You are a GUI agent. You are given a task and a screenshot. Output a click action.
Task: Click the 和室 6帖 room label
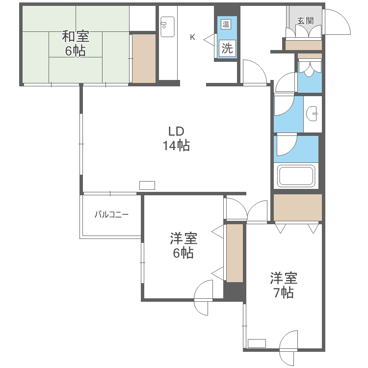pyautogui.click(x=75, y=43)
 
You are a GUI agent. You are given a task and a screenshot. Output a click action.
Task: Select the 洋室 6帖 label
pyautogui.click(x=184, y=246)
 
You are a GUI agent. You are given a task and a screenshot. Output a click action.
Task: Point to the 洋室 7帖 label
pyautogui.click(x=284, y=285)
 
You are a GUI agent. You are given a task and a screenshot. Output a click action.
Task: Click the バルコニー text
pyautogui.click(x=111, y=214)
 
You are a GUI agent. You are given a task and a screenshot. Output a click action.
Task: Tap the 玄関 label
pyautogui.click(x=305, y=21)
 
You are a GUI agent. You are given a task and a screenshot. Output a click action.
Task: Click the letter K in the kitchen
pyautogui.click(x=193, y=37)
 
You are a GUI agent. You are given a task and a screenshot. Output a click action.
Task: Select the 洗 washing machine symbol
pyautogui.click(x=227, y=48)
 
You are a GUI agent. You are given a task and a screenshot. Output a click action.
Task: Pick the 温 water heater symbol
pyautogui.click(x=226, y=25)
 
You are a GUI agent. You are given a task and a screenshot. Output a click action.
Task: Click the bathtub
pyautogui.click(x=296, y=176)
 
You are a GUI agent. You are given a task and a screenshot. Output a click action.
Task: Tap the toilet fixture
pyautogui.click(x=310, y=69)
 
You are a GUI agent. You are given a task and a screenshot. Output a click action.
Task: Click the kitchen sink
pyautogui.click(x=167, y=26)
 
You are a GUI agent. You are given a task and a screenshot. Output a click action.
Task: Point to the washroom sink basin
pyautogui.click(x=312, y=114)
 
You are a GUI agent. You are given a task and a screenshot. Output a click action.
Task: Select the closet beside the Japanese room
pyautogui.click(x=144, y=58)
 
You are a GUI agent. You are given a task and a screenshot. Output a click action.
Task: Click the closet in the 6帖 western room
pyautogui.click(x=235, y=253)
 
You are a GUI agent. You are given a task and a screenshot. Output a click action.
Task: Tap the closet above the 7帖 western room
pyautogui.click(x=297, y=207)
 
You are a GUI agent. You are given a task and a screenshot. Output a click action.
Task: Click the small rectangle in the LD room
pyautogui.click(x=147, y=185)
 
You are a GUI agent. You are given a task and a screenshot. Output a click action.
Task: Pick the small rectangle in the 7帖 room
pyautogui.click(x=257, y=343)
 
